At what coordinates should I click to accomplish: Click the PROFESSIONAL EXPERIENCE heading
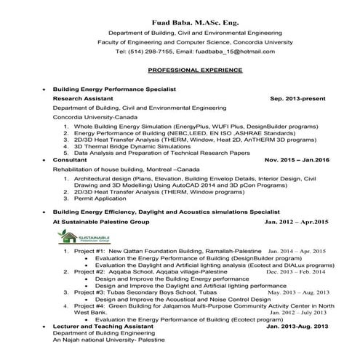pos(194,71)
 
